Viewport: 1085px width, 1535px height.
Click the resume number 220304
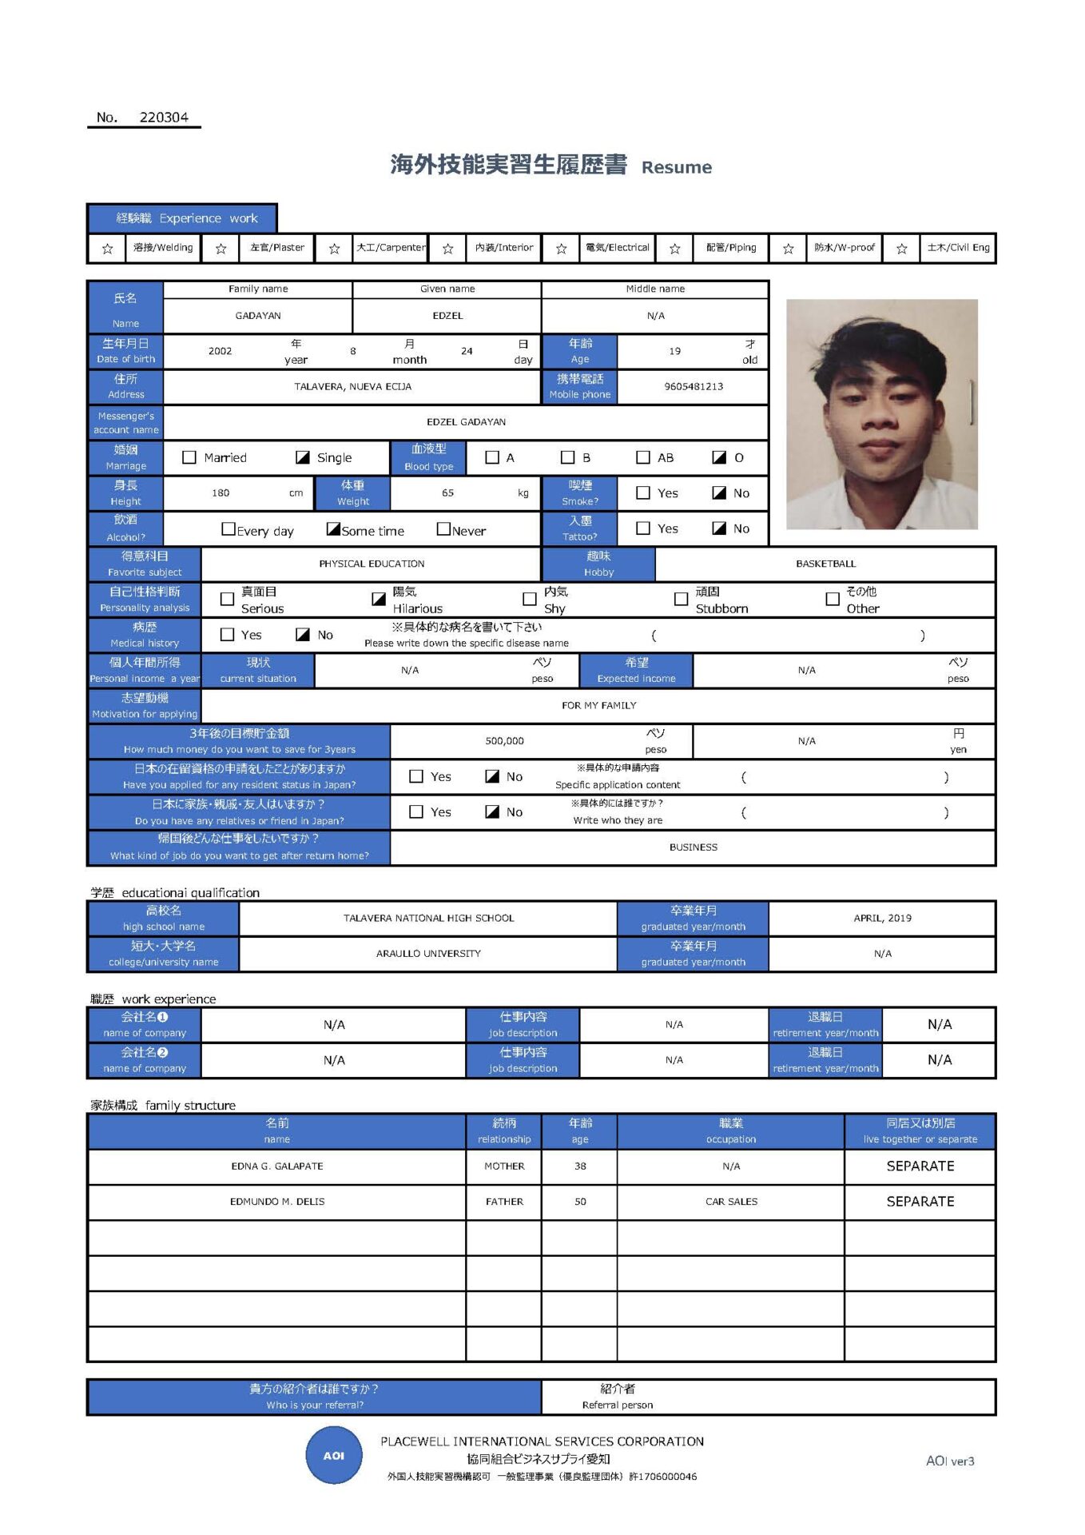[164, 118]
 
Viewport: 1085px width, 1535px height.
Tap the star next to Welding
[108, 249]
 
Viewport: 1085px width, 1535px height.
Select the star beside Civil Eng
[901, 249]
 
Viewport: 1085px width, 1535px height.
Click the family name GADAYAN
[257, 316]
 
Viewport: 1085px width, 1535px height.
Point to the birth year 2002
[220, 351]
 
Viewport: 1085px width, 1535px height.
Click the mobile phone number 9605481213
[693, 386]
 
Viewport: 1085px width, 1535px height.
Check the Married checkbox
[189, 457]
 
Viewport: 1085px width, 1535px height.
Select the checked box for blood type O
[719, 457]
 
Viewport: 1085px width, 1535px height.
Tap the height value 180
[221, 493]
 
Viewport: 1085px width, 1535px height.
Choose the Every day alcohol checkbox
[229, 529]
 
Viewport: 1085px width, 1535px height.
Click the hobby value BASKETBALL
[825, 564]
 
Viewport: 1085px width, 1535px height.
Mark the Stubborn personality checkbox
[681, 599]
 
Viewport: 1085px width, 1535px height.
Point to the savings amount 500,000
[504, 741]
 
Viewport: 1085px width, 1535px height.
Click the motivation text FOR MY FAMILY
[598, 705]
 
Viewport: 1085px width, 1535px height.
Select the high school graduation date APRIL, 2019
[882, 918]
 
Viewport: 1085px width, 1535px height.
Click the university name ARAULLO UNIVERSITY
[428, 954]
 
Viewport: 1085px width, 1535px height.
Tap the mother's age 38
[580, 1166]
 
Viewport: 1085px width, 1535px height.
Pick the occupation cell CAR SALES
[731, 1202]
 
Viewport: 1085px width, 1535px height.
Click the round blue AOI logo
[334, 1456]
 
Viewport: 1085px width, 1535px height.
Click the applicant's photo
[881, 414]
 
